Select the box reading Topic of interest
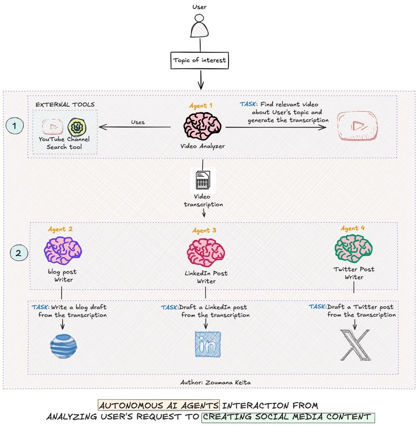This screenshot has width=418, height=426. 199,60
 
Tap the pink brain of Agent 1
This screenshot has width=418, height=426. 202,126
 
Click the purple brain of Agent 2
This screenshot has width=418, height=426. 63,250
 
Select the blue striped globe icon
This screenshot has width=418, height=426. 63,345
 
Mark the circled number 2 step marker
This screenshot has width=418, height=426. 18,253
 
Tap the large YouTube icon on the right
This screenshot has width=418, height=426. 357,126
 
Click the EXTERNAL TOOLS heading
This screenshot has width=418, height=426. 65,104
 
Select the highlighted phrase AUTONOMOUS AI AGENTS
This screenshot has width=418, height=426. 159,405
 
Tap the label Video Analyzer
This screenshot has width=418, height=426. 202,146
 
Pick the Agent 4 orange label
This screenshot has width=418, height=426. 352,228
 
